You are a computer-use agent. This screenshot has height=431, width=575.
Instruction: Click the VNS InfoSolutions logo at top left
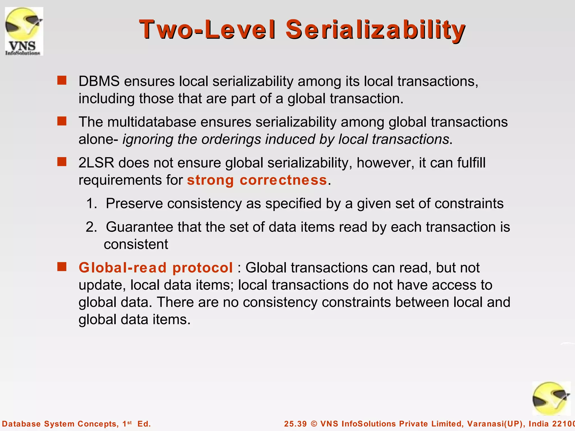click(x=24, y=31)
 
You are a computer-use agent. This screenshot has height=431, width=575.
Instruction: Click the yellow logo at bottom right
click(x=551, y=398)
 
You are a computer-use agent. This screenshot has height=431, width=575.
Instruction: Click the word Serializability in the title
click(x=375, y=30)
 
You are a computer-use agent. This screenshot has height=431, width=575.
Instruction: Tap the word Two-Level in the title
click(x=207, y=30)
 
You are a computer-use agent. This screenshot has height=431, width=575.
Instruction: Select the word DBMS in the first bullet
click(x=99, y=81)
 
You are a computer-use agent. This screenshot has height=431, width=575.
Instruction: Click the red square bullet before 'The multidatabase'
click(x=62, y=121)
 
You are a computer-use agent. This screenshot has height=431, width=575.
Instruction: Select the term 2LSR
click(x=96, y=163)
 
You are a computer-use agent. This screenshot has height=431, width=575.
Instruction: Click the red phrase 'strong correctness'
click(x=257, y=180)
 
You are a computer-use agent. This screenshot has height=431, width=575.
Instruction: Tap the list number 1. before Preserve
click(x=91, y=203)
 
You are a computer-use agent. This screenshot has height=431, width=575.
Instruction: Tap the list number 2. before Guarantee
click(x=91, y=227)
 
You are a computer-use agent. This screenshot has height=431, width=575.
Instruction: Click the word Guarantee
click(x=139, y=227)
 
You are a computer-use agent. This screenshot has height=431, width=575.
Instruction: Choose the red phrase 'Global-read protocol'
click(x=156, y=268)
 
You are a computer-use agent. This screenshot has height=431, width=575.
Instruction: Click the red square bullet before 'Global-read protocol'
click(x=62, y=267)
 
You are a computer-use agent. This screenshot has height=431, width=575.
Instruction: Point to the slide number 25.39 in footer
click(x=295, y=424)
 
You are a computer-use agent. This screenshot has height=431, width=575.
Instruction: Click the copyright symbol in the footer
click(x=314, y=424)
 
